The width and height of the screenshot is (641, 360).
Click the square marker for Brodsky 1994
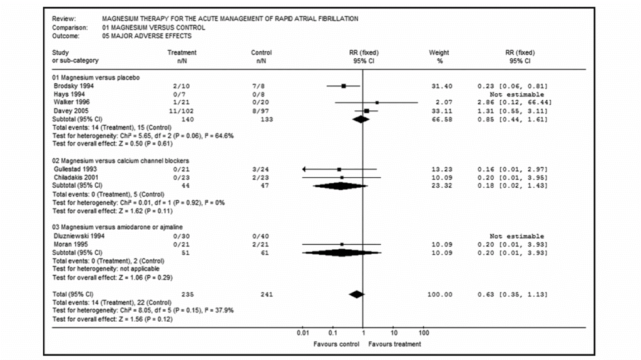tap(344, 86)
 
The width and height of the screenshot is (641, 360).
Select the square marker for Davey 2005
tap(366, 111)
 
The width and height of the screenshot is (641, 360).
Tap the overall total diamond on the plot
tap(356, 294)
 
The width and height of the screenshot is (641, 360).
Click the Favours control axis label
tap(337, 344)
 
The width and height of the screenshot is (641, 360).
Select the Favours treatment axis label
tap(394, 344)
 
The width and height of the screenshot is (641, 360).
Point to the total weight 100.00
tap(439, 294)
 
